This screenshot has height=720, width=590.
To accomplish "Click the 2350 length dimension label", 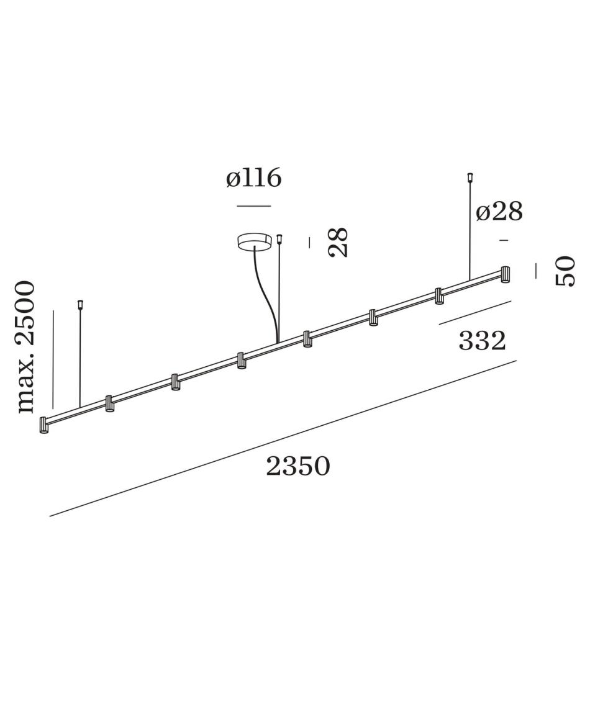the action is [x=297, y=466].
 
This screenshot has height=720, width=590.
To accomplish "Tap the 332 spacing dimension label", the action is [x=482, y=341].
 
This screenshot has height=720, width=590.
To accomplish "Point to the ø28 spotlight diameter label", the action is [x=499, y=212].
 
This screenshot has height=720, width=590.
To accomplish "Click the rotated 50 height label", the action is [x=565, y=271].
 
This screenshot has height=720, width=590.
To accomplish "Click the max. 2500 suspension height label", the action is [x=25, y=347].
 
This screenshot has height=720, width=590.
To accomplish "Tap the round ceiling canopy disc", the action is [x=254, y=242].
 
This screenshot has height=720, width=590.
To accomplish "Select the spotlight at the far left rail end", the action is [x=44, y=425].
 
